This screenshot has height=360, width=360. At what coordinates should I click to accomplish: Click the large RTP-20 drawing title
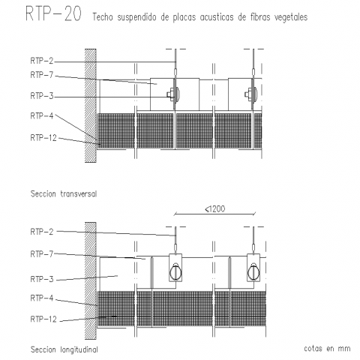(x=53, y=13)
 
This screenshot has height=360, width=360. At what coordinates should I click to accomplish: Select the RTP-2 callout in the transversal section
(x=42, y=61)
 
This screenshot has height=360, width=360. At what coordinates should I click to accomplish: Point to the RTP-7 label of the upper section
(x=42, y=75)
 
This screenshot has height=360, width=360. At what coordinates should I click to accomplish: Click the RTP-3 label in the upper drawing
(x=42, y=96)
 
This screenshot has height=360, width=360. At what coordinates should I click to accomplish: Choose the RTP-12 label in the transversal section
(x=43, y=138)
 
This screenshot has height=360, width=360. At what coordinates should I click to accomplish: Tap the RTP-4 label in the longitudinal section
(x=42, y=298)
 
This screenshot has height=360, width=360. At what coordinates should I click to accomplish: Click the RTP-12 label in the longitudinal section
(x=43, y=319)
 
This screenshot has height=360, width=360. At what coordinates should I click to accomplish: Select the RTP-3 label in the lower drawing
(x=42, y=279)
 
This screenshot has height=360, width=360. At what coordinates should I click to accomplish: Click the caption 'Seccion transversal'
(x=64, y=193)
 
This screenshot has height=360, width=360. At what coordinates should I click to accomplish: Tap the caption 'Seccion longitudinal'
(x=64, y=349)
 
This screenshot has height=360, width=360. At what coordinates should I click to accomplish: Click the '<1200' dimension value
(x=215, y=208)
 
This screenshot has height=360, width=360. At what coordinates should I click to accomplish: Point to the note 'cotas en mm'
(x=327, y=348)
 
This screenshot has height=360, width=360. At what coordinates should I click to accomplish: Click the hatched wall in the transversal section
(x=91, y=106)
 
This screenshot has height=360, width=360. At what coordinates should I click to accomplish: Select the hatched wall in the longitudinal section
(x=91, y=280)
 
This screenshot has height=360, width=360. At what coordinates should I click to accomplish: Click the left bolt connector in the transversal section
(x=174, y=94)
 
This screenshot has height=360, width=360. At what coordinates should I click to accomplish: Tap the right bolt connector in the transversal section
(x=252, y=94)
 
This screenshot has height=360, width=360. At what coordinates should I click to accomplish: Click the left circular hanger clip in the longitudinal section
(x=175, y=271)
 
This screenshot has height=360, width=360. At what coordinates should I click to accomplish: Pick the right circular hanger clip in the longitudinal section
(x=253, y=271)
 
